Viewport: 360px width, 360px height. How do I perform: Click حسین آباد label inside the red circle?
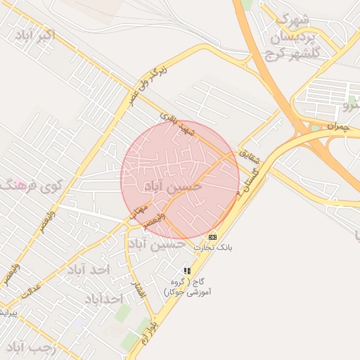coord(172,186)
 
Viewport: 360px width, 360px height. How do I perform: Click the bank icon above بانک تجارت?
coord(212,238)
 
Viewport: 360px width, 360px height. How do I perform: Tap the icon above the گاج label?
coord(187,270)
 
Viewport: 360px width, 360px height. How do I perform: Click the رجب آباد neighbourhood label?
coord(26,348)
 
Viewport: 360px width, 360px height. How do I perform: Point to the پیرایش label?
coord(6,311)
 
